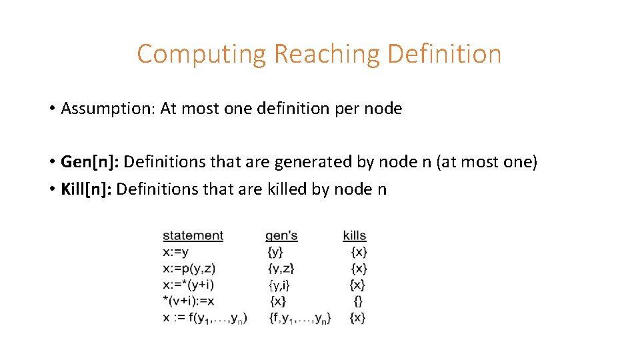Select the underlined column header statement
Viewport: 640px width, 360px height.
193,236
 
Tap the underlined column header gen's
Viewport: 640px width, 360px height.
281,236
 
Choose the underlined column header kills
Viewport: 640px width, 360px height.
355,236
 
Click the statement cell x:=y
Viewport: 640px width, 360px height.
175,252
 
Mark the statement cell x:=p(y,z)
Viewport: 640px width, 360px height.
189,269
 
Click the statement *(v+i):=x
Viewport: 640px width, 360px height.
187,301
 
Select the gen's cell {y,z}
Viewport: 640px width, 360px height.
281,269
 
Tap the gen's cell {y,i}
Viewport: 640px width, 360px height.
279,285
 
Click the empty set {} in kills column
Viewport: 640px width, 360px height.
358,301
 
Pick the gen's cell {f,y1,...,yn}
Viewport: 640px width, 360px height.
300,318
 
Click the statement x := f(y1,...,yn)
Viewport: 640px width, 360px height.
205,318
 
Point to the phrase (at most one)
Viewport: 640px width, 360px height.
487,162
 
